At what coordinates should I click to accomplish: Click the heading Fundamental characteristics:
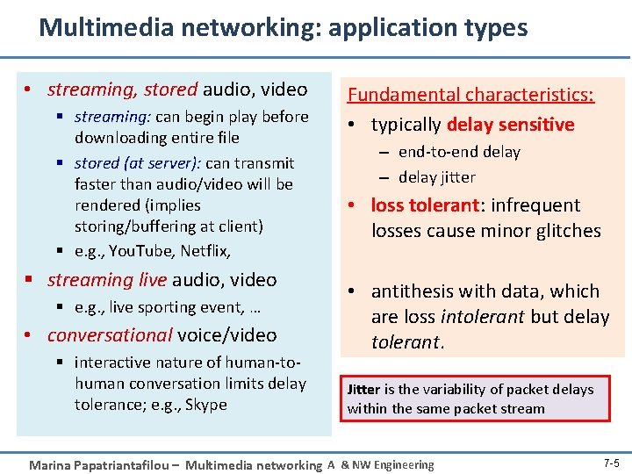pyautogui.click(x=470, y=94)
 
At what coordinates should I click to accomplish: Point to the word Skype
pyautogui.click(x=206, y=405)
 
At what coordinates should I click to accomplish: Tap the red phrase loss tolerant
pyautogui.click(x=426, y=205)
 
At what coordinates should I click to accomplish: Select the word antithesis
pyautogui.click(x=413, y=291)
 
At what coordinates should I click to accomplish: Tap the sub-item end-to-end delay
pyautogui.click(x=459, y=152)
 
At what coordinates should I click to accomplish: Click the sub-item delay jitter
pyautogui.click(x=437, y=177)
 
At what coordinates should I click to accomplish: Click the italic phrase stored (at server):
pyautogui.click(x=139, y=163)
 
